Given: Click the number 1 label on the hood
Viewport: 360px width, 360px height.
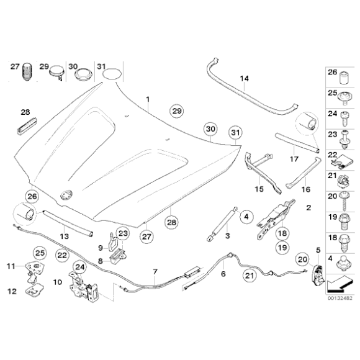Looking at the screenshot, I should [x=148, y=99].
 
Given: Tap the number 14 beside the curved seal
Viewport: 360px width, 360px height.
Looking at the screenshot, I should [x=244, y=79].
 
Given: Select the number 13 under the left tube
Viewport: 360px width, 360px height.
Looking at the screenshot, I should [x=63, y=236].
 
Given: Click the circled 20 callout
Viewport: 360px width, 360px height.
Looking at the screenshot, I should [x=303, y=259].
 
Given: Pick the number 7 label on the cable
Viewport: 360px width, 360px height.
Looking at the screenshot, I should [x=156, y=272].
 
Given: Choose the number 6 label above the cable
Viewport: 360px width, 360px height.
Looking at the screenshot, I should [x=223, y=272].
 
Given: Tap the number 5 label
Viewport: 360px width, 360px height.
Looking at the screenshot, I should [x=318, y=250].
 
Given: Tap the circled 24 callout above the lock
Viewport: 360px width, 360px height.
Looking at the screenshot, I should [x=79, y=268].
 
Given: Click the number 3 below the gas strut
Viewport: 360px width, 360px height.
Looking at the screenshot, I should [x=228, y=236].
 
